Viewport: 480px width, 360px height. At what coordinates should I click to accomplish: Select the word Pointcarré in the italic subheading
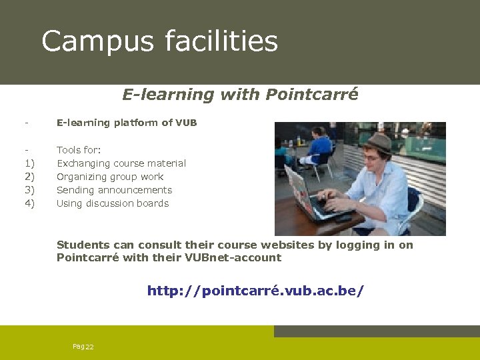click(311, 95)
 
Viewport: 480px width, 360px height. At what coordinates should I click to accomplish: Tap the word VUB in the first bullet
click(186, 123)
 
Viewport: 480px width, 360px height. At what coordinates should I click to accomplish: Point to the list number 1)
click(29, 163)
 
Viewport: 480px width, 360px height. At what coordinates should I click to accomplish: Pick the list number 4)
click(29, 203)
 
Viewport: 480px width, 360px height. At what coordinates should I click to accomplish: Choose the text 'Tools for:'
click(79, 150)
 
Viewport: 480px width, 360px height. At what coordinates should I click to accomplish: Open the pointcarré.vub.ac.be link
click(255, 291)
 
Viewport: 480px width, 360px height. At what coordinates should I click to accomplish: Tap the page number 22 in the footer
click(89, 347)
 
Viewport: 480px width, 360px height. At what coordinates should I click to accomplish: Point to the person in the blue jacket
click(320, 148)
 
